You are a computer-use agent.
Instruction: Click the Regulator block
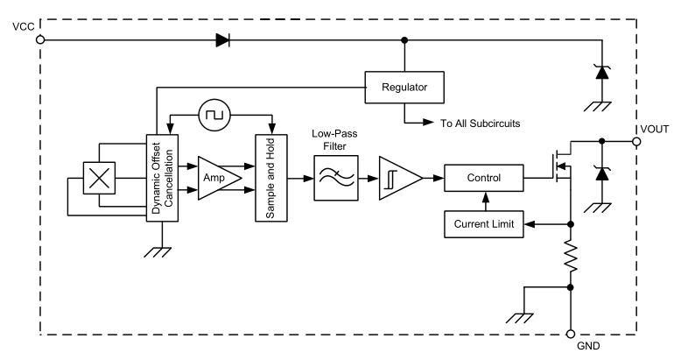tap(404, 88)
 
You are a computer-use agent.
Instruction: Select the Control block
tap(484, 178)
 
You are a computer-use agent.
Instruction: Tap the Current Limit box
tap(484, 224)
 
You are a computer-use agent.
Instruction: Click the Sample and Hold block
tap(271, 179)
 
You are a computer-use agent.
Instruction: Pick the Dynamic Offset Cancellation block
tap(163, 179)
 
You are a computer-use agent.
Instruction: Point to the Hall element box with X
tap(100, 178)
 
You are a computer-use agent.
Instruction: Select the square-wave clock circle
tap(214, 116)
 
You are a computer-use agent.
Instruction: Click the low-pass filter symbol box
tap(336, 178)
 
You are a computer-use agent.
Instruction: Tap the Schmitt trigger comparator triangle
tap(399, 179)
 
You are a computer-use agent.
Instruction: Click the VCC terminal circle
tap(40, 40)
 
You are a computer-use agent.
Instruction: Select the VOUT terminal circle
tap(636, 142)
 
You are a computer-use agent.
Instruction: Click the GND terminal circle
tap(571, 334)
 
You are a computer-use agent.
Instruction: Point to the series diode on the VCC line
tap(223, 40)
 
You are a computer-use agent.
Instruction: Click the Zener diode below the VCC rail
tap(602, 72)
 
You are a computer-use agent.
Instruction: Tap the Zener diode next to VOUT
tap(602, 173)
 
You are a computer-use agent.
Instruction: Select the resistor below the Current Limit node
tap(571, 258)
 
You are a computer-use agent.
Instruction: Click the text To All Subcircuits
tap(480, 124)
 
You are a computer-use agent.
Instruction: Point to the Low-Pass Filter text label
tap(335, 140)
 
